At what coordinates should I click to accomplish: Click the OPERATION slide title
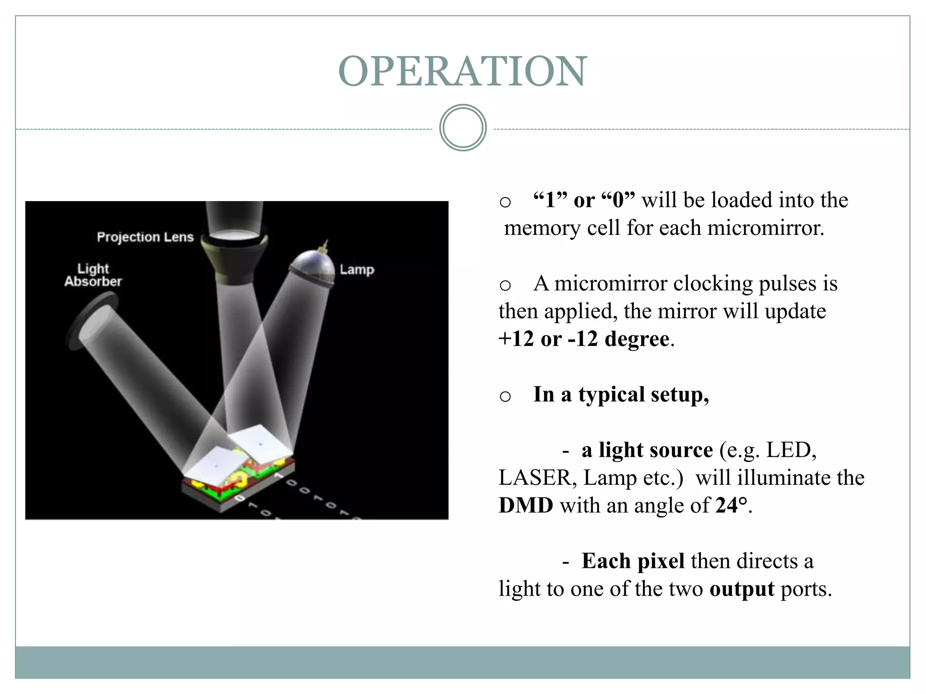click(x=463, y=71)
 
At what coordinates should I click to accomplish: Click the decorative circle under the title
click(x=463, y=128)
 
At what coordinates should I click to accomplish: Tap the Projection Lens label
click(x=145, y=237)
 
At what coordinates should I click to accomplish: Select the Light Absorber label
click(x=93, y=275)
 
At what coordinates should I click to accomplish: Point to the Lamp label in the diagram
click(x=357, y=270)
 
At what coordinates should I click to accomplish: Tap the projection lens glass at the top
click(x=234, y=234)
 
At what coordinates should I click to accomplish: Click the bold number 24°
click(x=731, y=505)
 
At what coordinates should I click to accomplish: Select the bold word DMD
click(x=525, y=505)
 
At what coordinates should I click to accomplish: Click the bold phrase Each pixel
click(x=633, y=561)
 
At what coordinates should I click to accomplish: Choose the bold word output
click(x=742, y=589)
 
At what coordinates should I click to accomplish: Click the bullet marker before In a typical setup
click(x=505, y=396)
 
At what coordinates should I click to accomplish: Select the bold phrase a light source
click(x=647, y=450)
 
